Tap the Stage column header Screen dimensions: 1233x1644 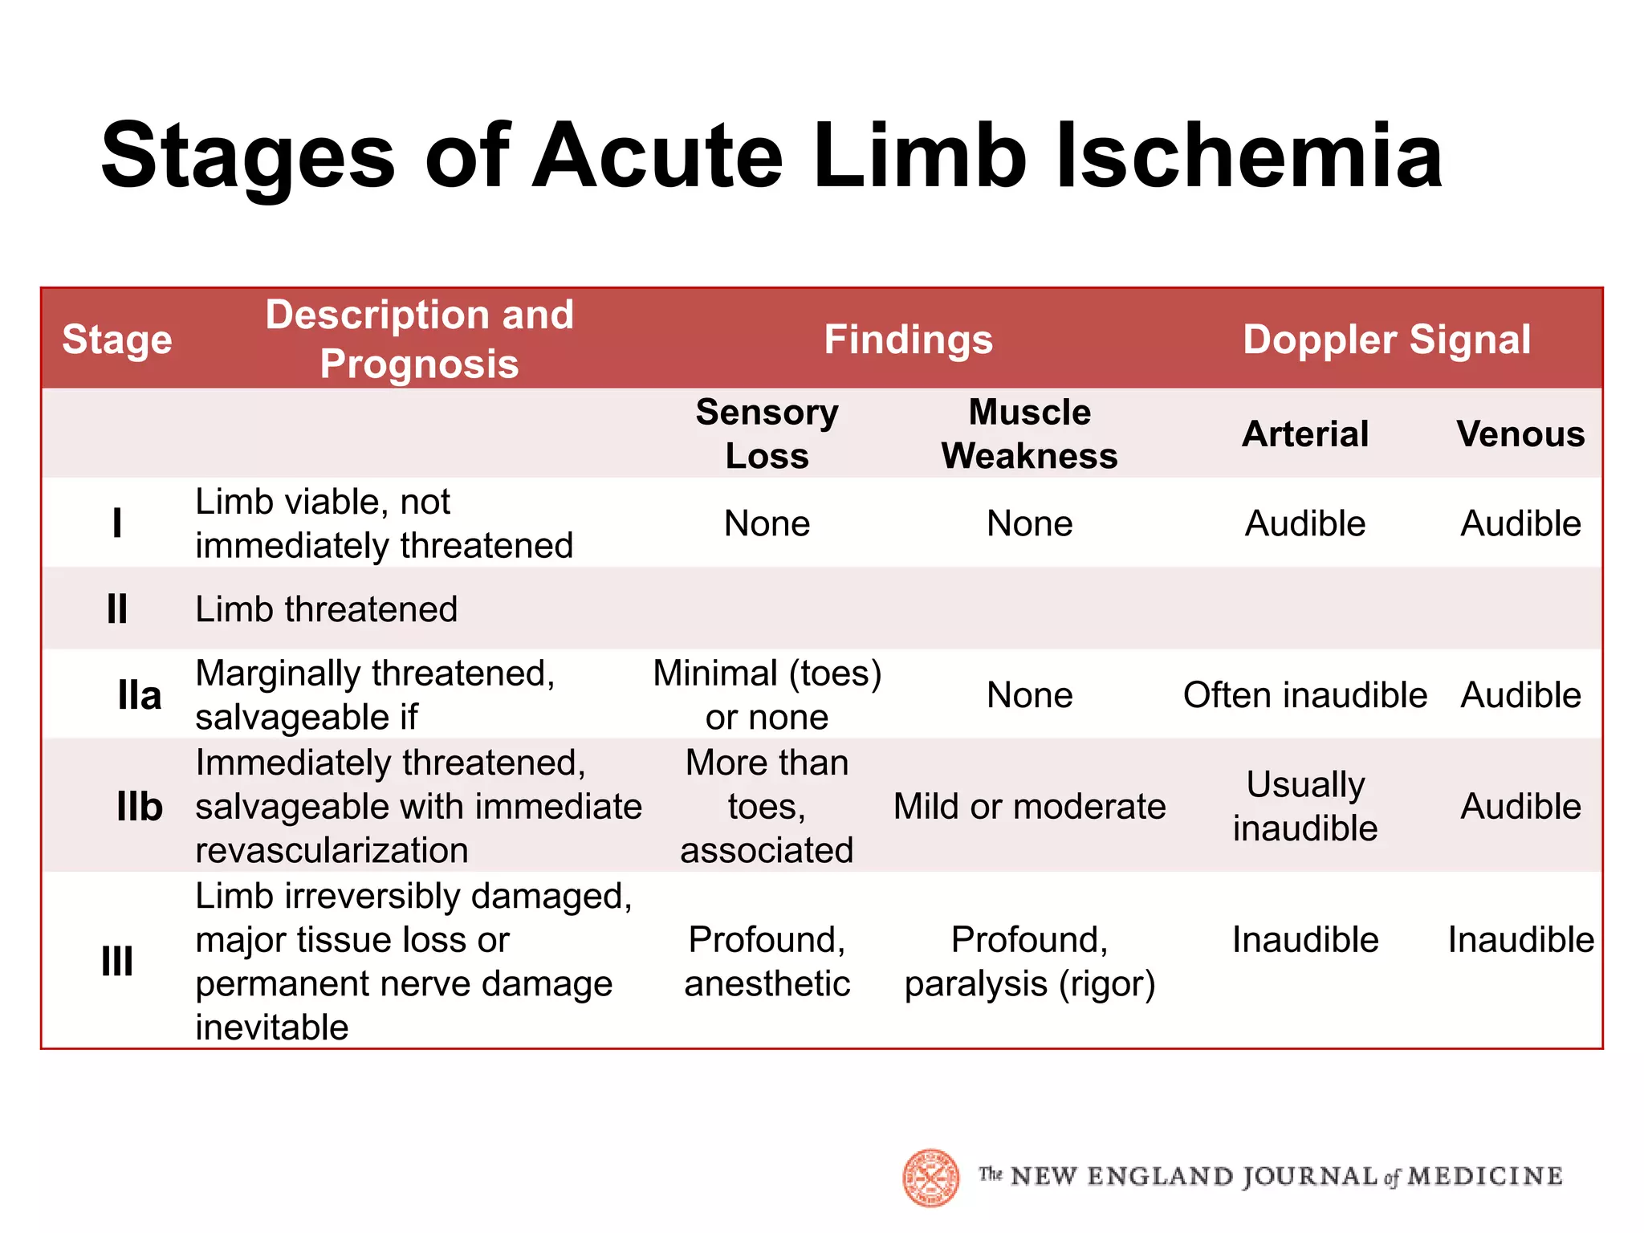pos(117,340)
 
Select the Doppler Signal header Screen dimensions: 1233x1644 pos(1386,340)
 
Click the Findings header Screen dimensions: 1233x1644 pos(908,340)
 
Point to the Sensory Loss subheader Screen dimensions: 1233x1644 pos(767,433)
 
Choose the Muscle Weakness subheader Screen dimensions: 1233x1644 pos(1029,433)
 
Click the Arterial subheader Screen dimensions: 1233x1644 pos(1305,434)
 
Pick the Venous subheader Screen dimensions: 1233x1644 pos(1520,434)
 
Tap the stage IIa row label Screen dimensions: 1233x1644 pos(140,695)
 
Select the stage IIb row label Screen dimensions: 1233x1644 pos(140,806)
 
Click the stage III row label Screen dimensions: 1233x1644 pos(117,961)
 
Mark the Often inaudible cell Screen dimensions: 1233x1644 pos(1305,695)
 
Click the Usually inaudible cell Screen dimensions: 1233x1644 pos(1305,806)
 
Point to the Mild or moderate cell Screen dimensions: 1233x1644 pos(1029,806)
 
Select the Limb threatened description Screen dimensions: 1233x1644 pos(326,609)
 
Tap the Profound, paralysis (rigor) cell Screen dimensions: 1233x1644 pos(1029,961)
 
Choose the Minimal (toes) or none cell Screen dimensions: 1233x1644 pos(767,695)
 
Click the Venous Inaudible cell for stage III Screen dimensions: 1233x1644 pos(1520,940)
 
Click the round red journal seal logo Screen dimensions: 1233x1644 pos(931,1178)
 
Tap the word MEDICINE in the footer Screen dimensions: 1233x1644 pos(1485,1177)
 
